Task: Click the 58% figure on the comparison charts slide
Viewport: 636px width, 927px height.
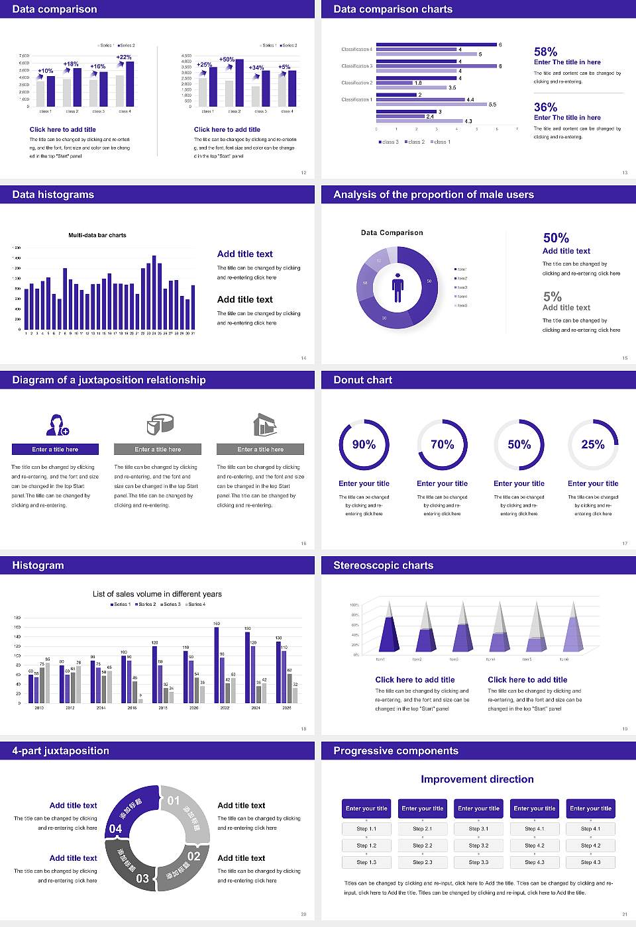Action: (x=545, y=52)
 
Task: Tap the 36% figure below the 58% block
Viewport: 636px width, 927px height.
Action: (x=545, y=107)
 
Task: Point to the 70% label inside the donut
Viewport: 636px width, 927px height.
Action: (x=442, y=444)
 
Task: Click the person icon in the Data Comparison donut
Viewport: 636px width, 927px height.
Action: (x=397, y=287)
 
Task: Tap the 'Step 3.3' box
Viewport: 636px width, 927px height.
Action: (x=478, y=862)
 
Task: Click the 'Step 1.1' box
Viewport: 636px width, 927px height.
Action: (x=366, y=829)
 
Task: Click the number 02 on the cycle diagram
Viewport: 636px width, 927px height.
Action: (x=193, y=856)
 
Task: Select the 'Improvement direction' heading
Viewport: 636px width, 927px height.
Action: (x=477, y=779)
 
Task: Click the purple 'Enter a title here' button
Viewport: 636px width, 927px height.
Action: (x=56, y=450)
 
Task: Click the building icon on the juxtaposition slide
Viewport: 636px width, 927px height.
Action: (x=264, y=424)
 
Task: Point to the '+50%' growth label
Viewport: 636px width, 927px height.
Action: (x=227, y=60)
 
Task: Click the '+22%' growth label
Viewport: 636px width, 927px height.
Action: (x=124, y=58)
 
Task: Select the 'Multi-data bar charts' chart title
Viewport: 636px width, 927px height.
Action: (x=97, y=235)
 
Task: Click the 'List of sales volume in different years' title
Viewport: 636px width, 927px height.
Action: (x=157, y=594)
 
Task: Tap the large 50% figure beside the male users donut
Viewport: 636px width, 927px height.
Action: (x=556, y=238)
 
